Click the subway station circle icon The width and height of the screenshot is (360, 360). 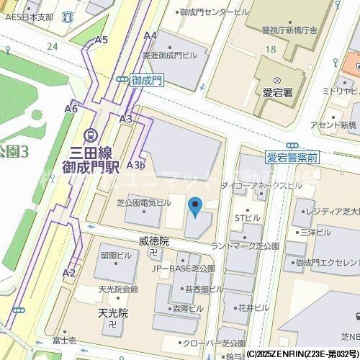click(91, 134)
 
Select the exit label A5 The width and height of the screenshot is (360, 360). click(101, 40)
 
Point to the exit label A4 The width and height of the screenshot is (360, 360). click(150, 35)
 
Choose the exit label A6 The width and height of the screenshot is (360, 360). click(71, 109)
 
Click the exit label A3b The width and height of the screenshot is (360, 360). click(136, 165)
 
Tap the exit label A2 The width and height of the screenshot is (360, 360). click(69, 272)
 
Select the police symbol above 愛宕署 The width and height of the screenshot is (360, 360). click(276, 79)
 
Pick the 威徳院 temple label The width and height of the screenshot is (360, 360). click(153, 241)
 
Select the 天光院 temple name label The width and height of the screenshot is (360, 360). click(112, 313)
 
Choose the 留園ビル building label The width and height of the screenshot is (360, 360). click(114, 256)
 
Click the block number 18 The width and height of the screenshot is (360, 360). click(270, 49)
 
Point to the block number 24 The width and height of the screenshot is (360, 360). click(51, 46)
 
